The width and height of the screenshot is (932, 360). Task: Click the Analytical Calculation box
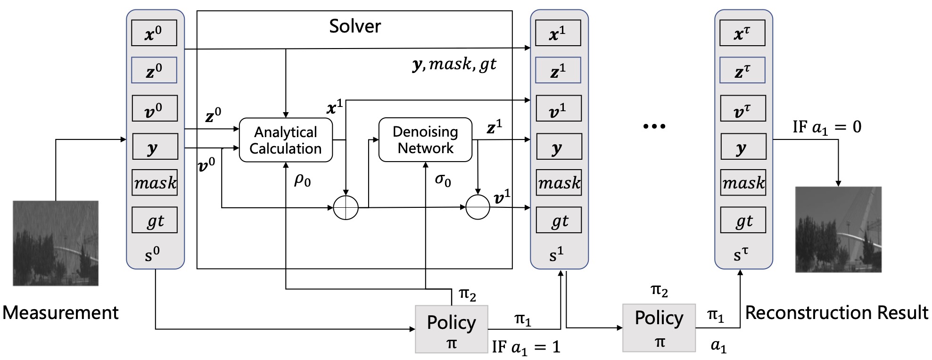tap(286, 140)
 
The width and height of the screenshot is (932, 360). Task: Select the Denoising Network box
tap(425, 139)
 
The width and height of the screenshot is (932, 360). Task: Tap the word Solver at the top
tap(355, 26)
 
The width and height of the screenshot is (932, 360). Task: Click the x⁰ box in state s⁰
tap(154, 33)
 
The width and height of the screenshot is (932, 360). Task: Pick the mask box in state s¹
tap(559, 182)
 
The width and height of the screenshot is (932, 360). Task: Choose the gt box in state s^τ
tap(743, 220)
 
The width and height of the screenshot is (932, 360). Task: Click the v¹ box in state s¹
tap(558, 109)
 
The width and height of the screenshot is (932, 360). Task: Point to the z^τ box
tap(742, 71)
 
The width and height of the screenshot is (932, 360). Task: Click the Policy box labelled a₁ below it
tap(659, 328)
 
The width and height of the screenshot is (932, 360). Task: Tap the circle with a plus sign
tap(346, 207)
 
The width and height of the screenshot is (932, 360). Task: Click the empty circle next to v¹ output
tap(478, 207)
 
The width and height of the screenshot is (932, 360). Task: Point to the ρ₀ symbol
tap(302, 180)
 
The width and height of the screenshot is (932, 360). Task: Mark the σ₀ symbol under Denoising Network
tap(443, 180)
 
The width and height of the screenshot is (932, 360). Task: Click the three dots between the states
tap(654, 126)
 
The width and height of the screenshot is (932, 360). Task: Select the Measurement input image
tap(56, 243)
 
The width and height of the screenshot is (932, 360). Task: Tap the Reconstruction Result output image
tap(838, 229)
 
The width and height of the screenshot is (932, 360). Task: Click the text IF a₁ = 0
tap(826, 127)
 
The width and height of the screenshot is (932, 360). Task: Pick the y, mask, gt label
tap(454, 64)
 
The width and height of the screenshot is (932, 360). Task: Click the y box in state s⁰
tap(155, 147)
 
